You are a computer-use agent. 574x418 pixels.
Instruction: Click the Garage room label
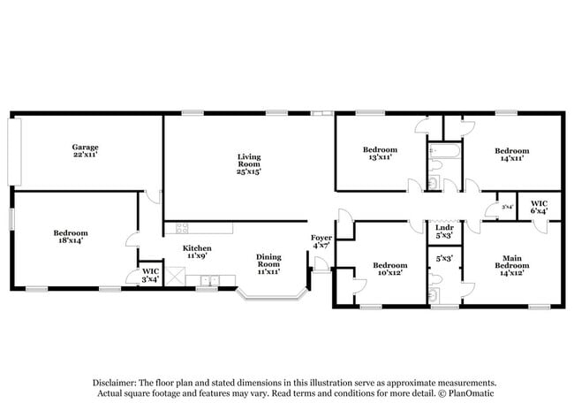tap(85, 150)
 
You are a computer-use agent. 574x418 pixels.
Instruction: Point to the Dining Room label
tap(268, 264)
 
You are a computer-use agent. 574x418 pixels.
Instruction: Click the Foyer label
tap(321, 240)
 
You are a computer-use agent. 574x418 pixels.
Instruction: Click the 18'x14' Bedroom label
tap(71, 237)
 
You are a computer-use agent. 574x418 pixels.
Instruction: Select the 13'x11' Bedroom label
tap(381, 154)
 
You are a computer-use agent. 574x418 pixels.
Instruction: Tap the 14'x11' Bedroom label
tap(511, 155)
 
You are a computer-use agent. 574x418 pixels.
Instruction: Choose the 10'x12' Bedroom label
tap(389, 270)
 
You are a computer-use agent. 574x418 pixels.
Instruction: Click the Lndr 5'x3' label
tap(443, 232)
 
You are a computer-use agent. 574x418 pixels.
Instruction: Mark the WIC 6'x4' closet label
tap(539, 208)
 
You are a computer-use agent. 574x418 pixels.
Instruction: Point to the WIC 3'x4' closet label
tap(150, 276)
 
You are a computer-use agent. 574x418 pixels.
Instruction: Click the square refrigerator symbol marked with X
tap(174, 280)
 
